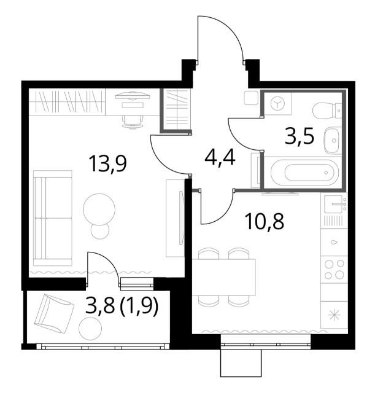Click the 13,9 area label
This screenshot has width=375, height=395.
pyautogui.click(x=107, y=164)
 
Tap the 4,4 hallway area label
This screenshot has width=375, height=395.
pyautogui.click(x=220, y=158)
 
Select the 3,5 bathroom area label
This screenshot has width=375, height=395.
pyautogui.click(x=300, y=137)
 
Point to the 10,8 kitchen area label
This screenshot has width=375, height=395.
pyautogui.click(x=265, y=221)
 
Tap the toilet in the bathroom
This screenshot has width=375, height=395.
pyautogui.click(x=327, y=110)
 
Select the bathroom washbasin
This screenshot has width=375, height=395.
pyautogui.click(x=333, y=141)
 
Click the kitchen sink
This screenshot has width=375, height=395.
pyautogui.click(x=334, y=204)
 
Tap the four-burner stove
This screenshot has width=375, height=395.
pyautogui.click(x=334, y=269)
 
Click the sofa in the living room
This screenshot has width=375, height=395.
pyautogui.click(x=53, y=218)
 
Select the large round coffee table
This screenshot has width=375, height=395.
pyautogui.click(x=99, y=209)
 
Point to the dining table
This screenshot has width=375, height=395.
pyautogui.click(x=224, y=277)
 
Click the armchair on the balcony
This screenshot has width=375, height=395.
pyautogui.click(x=55, y=313)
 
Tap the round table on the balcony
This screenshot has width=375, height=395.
pyautogui.click(x=90, y=329)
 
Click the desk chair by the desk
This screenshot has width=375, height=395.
pyautogui.click(x=133, y=122)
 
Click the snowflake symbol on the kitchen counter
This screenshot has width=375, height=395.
pyautogui.click(x=334, y=315)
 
